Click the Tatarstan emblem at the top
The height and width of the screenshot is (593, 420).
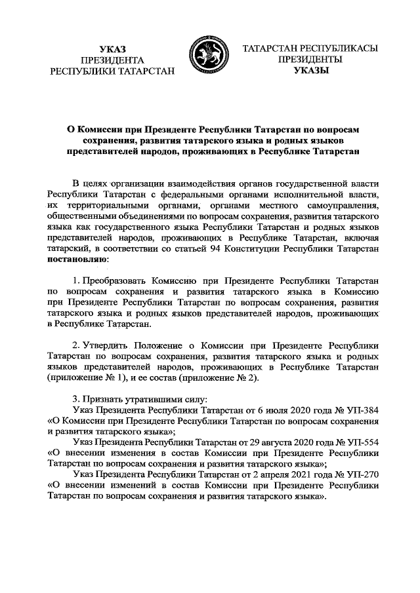pyautogui.click(x=209, y=58)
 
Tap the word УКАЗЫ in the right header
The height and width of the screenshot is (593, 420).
pyautogui.click(x=307, y=70)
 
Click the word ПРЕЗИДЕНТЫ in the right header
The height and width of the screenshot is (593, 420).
pyautogui.click(x=307, y=59)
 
